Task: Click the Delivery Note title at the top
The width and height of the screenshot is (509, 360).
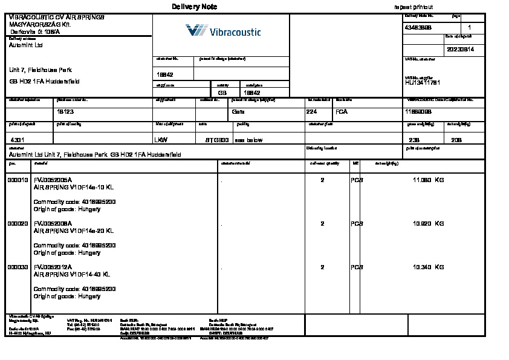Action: coord(194,7)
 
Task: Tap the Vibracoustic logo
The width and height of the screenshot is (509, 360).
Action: coord(223,31)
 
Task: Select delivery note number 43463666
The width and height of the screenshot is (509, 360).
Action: coord(418,28)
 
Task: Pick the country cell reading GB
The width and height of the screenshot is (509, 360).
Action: coord(222,93)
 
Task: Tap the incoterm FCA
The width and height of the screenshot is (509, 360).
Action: coord(342,112)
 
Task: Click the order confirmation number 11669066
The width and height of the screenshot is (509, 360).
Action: coord(418,112)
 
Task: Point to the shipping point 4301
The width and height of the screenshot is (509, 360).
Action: coord(18,140)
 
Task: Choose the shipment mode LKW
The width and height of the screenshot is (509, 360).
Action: coord(161,140)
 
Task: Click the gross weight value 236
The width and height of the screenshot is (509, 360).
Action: coord(414,140)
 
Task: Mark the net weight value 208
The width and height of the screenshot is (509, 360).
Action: coord(456,140)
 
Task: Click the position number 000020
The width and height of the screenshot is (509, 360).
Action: coord(18,224)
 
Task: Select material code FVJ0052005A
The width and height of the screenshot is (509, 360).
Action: coord(53,180)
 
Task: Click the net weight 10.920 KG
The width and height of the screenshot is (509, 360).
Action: coord(428,224)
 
